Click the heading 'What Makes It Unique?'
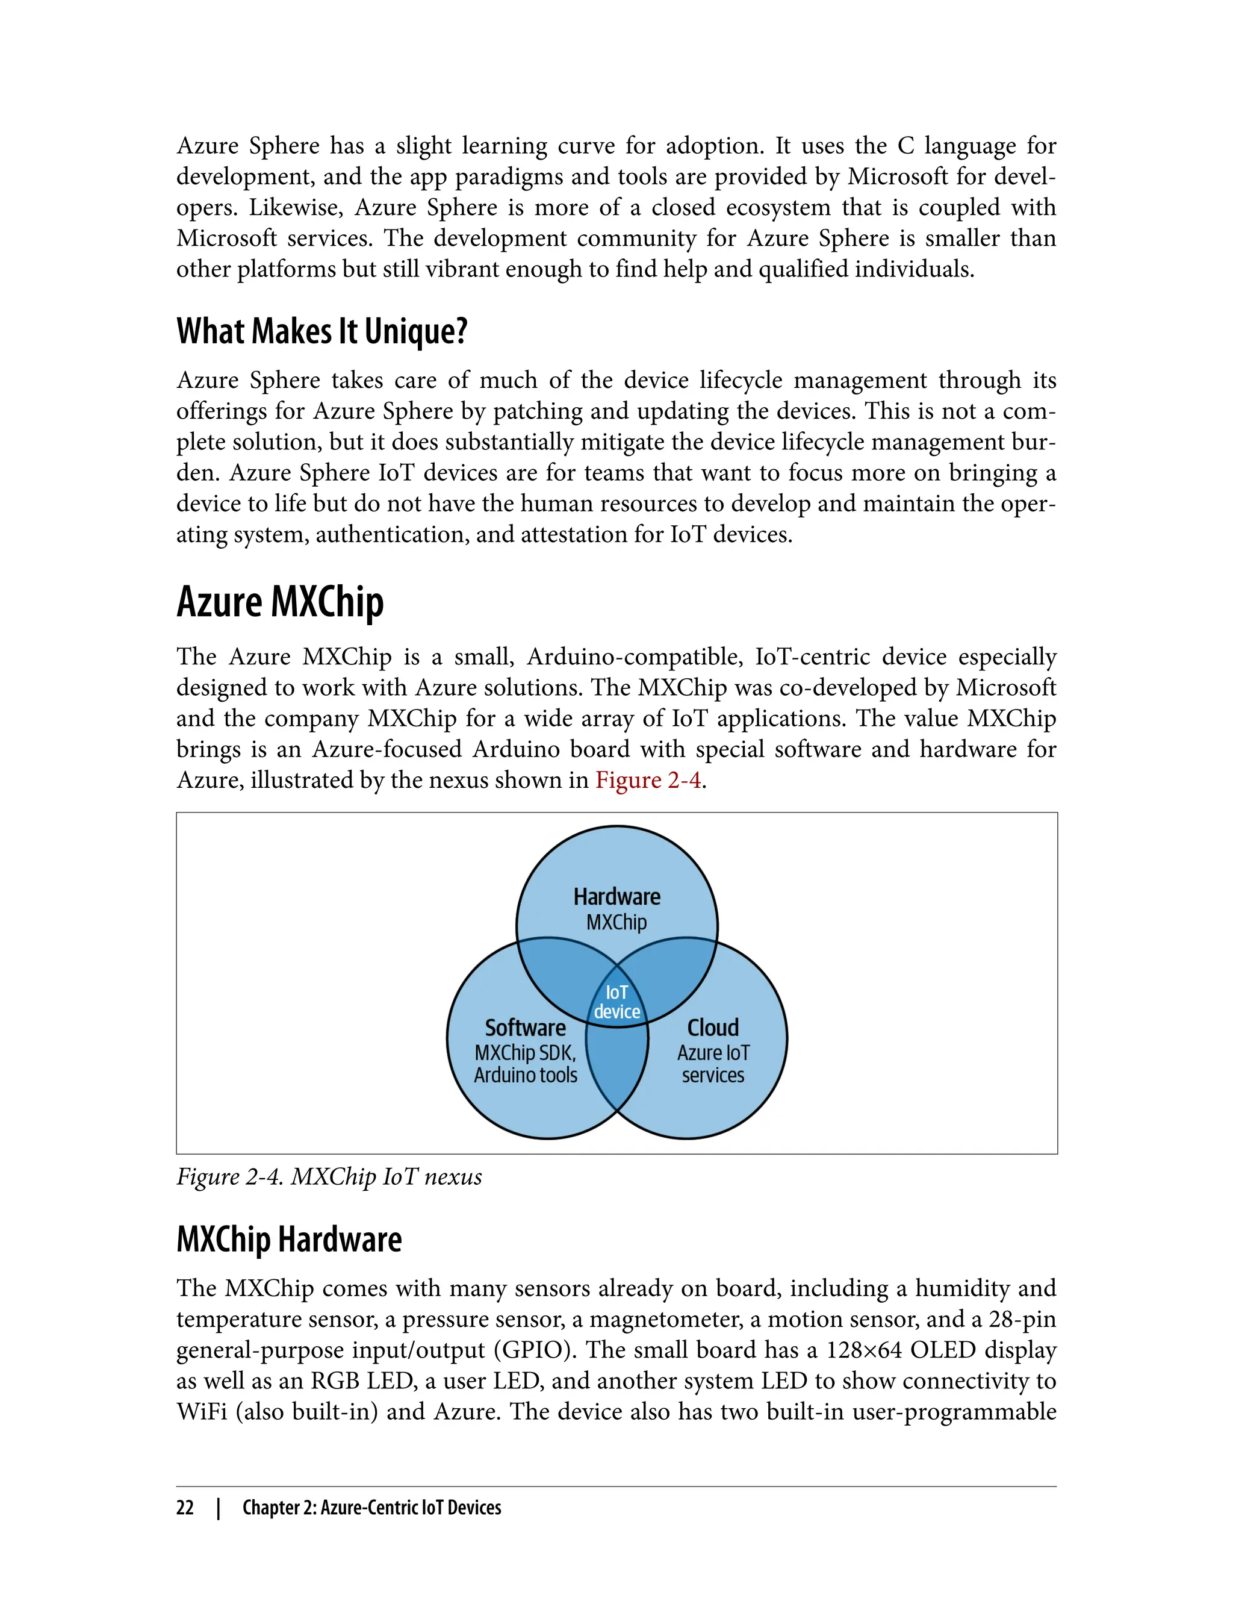[x=321, y=331]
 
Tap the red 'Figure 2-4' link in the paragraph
[x=648, y=780]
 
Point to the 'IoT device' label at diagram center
[x=616, y=1002]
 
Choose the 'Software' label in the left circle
[x=526, y=1027]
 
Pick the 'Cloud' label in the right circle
[x=713, y=1027]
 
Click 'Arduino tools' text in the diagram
[x=526, y=1075]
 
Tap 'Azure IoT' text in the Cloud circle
[x=713, y=1053]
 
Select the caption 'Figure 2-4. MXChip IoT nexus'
[x=329, y=1176]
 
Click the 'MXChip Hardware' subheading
[x=289, y=1240]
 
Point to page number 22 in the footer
[x=185, y=1508]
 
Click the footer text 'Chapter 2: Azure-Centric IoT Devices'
[x=371, y=1508]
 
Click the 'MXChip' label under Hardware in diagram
[x=616, y=922]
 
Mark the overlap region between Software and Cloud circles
[x=617, y=1072]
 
